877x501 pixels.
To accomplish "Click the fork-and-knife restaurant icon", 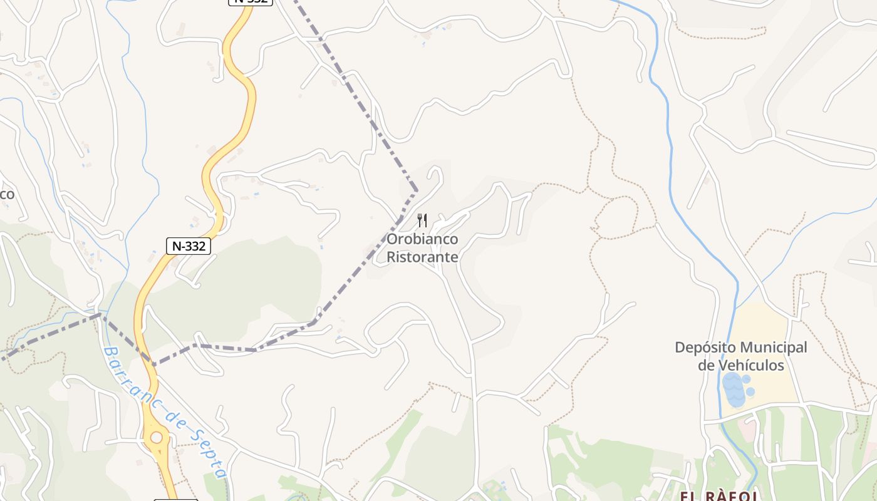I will (422, 220).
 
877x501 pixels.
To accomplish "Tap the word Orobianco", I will (422, 239).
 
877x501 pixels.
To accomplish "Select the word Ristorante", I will (422, 257).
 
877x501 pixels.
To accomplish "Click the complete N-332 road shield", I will (189, 246).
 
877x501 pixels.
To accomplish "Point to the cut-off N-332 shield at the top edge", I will (250, 2).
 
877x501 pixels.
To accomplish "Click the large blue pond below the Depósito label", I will (734, 390).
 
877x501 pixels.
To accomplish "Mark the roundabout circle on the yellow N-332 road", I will (156, 438).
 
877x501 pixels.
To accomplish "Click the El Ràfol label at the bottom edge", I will (720, 496).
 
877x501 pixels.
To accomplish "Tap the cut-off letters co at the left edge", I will (6, 194).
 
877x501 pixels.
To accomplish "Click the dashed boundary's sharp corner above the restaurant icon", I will (416, 189).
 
